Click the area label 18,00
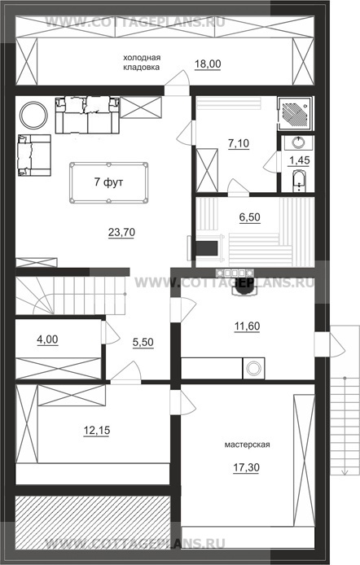tap(208, 64)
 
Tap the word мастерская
tap(248, 445)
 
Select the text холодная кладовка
tap(142, 63)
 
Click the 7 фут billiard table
tap(109, 182)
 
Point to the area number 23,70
tap(122, 232)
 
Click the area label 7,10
tap(239, 143)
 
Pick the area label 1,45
tap(300, 160)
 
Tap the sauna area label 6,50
tap(250, 217)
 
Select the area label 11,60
tap(248, 326)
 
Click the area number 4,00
tap(47, 339)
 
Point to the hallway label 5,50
tap(143, 342)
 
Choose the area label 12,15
tap(97, 430)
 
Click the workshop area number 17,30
tap(246, 467)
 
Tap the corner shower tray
tap(296, 113)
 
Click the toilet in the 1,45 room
tap(298, 180)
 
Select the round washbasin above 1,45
tap(298, 142)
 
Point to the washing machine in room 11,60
tap(253, 368)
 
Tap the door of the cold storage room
tap(178, 82)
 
